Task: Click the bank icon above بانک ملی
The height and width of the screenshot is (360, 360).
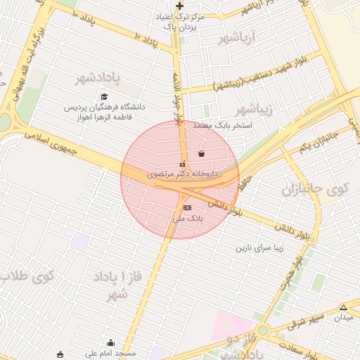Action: [186, 208]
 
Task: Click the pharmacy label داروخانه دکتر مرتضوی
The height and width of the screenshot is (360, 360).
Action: [183, 172]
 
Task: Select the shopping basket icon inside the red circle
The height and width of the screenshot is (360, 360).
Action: [202, 153]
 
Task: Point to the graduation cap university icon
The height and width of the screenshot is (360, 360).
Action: [105, 97]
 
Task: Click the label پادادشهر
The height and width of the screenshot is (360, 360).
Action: [99, 77]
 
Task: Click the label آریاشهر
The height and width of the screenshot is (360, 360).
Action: [240, 36]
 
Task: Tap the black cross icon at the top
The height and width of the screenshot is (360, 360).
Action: [179, 6]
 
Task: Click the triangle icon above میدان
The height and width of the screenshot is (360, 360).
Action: [343, 307]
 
